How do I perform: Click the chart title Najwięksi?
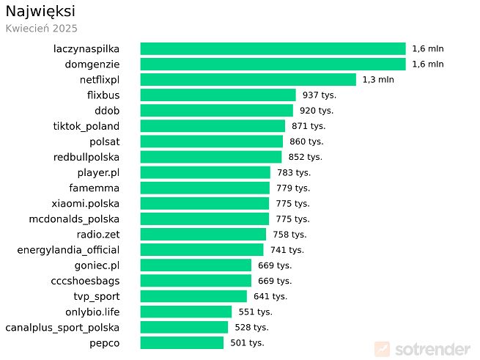[40, 12]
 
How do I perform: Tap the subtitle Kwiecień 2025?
[41, 29]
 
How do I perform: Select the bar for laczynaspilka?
[273, 48]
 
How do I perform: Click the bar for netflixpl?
[248, 79]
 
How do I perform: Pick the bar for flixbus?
[218, 95]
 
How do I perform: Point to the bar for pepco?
[182, 342]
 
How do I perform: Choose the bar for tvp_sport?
[193, 296]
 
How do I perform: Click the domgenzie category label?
[92, 64]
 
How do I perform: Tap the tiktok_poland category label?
[86, 126]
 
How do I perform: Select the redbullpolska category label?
[86, 157]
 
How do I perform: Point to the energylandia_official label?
[68, 250]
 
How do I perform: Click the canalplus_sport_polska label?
[62, 327]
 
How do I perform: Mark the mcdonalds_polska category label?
[74, 218]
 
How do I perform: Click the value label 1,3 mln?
[378, 79]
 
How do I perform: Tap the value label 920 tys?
[317, 111]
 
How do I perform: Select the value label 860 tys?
[306, 142]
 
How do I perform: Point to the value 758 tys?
[289, 235]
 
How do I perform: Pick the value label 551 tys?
[255, 312]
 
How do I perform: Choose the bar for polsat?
[211, 142]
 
